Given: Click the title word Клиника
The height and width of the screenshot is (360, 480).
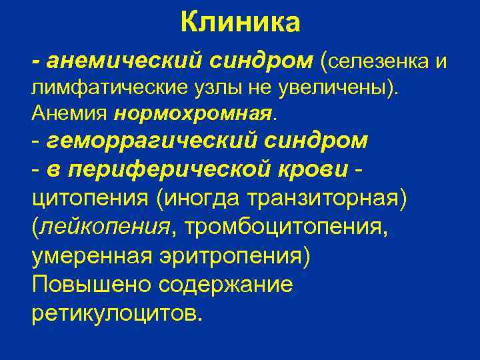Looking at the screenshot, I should point(240,23).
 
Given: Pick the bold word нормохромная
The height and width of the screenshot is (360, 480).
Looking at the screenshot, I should point(193,113).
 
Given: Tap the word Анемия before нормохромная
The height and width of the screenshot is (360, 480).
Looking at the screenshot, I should point(70,113).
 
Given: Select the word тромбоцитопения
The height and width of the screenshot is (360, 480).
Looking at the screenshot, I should point(284,227).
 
